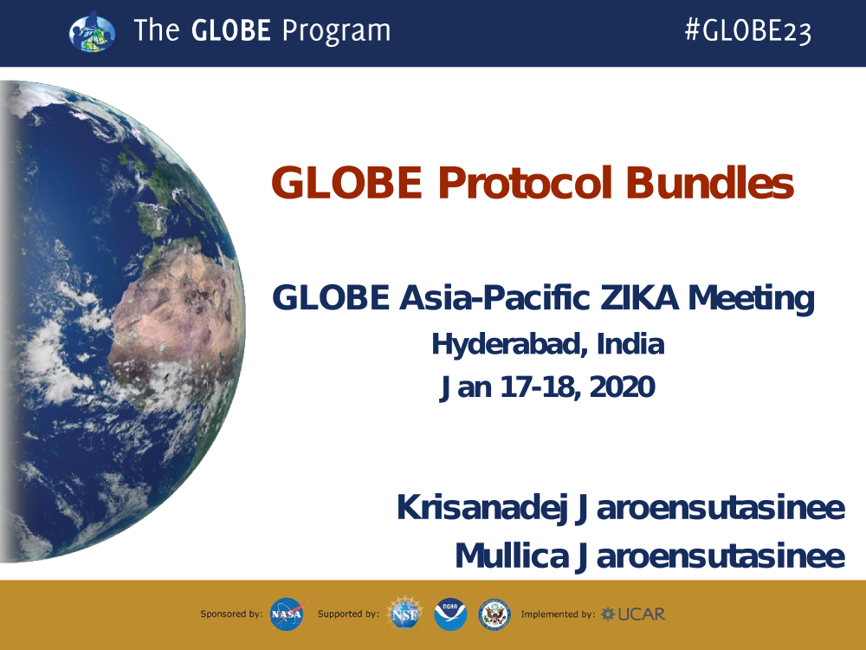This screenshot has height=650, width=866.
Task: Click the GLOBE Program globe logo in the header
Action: point(93,33)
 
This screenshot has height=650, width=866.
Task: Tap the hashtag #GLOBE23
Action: point(748,30)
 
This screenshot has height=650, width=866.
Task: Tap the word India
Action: point(630,344)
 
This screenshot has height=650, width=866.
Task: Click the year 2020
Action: point(623,387)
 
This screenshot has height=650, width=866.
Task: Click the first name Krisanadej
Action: point(482,508)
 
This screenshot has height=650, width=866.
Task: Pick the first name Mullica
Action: point(512,556)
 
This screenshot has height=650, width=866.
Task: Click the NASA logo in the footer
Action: point(288,614)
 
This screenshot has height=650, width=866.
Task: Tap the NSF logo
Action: point(404,614)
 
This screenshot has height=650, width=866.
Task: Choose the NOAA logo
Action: point(450,614)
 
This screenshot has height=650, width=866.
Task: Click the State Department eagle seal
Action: point(494,614)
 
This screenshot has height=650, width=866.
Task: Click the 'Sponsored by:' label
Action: point(231,614)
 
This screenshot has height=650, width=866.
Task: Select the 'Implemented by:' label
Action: point(558,614)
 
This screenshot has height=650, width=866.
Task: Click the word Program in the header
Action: point(336,31)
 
